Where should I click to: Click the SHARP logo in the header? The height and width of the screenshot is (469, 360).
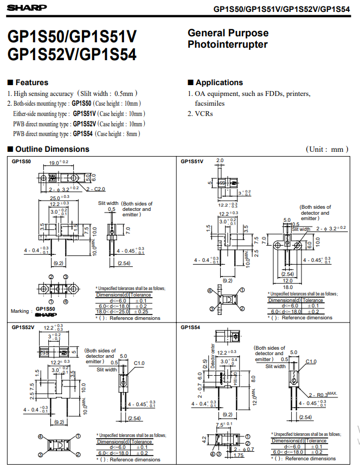24,8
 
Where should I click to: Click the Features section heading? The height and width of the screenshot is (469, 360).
31,82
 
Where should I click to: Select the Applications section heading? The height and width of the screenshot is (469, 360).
219,82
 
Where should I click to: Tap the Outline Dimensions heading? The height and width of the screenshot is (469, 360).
52,149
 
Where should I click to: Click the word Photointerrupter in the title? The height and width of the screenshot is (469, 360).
228,44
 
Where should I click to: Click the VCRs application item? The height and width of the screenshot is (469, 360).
204,114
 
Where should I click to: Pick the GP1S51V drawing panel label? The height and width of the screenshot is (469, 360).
192,162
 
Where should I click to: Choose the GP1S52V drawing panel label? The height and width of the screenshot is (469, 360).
23,327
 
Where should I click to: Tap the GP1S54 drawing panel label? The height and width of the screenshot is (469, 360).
190,327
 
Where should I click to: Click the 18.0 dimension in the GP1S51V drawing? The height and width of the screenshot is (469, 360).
288,287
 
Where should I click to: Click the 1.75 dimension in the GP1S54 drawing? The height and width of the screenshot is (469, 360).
238,455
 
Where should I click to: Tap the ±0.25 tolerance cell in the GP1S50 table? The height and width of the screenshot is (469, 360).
142,312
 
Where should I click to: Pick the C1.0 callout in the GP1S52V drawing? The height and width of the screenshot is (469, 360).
139,363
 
